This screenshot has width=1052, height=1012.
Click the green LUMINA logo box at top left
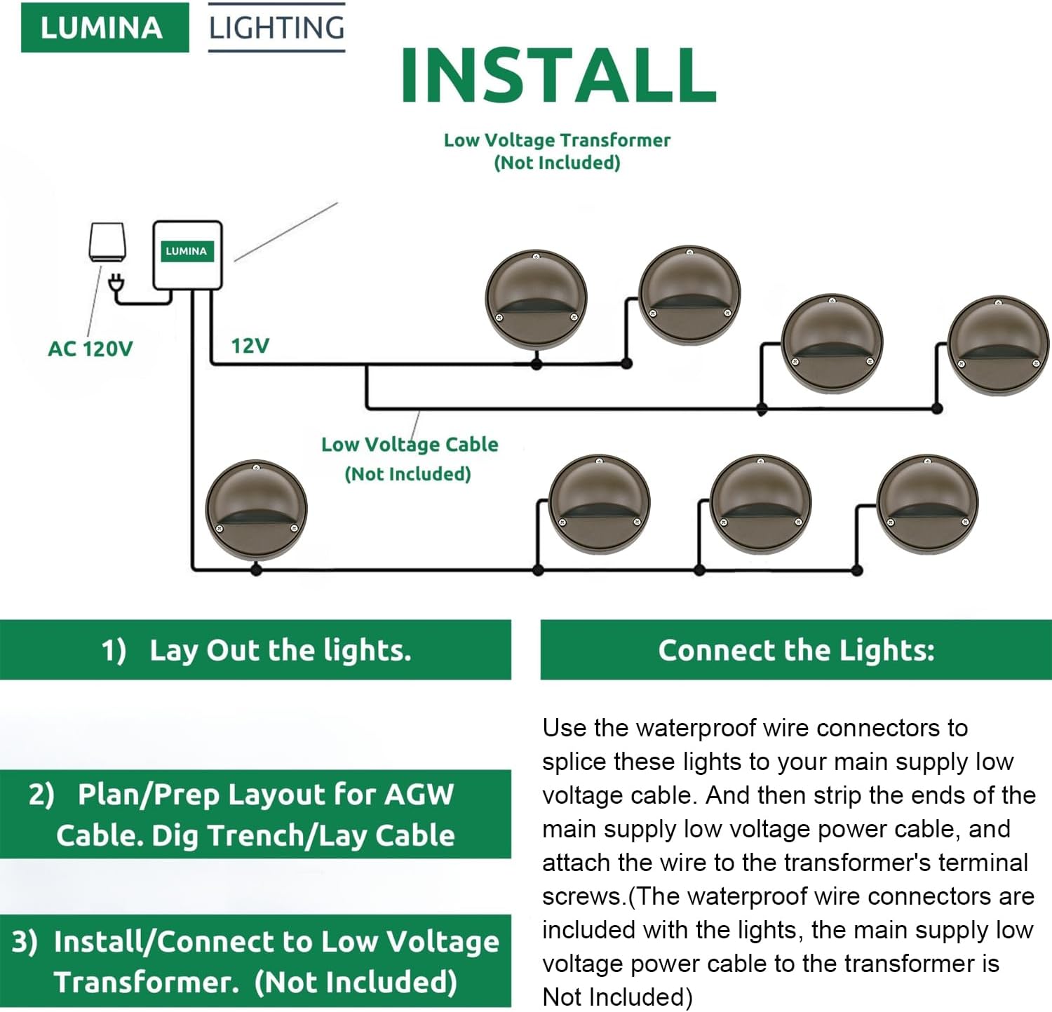tap(104, 27)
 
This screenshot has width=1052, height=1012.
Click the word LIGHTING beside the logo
tap(277, 28)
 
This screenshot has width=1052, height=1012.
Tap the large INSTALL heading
tap(558, 75)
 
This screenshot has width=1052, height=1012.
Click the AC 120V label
tap(90, 349)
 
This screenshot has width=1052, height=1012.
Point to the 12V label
tap(250, 345)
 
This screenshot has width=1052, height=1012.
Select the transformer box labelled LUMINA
tap(187, 255)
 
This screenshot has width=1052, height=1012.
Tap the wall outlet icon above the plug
tap(107, 243)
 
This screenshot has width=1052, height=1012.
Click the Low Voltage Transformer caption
tap(557, 151)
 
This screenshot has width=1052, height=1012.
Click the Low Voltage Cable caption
tap(410, 459)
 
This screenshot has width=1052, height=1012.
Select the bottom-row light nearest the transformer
tap(256, 510)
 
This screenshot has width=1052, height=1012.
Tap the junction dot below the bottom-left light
tap(256, 569)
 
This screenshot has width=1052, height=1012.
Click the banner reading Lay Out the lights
tap(255, 650)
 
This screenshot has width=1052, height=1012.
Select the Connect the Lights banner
tap(796, 650)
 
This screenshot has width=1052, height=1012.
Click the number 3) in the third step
tap(25, 941)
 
